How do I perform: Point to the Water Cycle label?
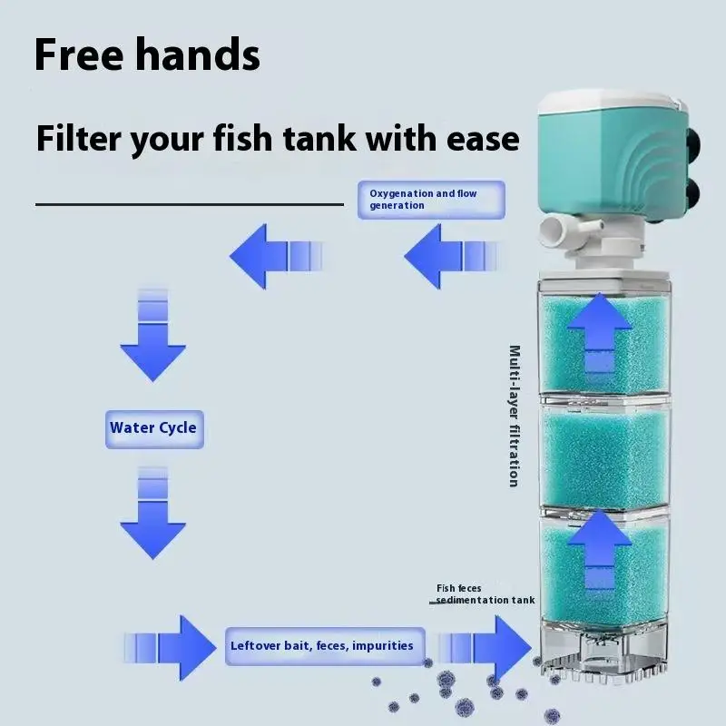(152, 427)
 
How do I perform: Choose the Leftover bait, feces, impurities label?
(321, 646)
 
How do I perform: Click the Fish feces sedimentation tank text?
(485, 594)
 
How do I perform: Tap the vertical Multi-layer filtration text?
(515, 416)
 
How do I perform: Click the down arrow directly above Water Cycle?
(152, 336)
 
